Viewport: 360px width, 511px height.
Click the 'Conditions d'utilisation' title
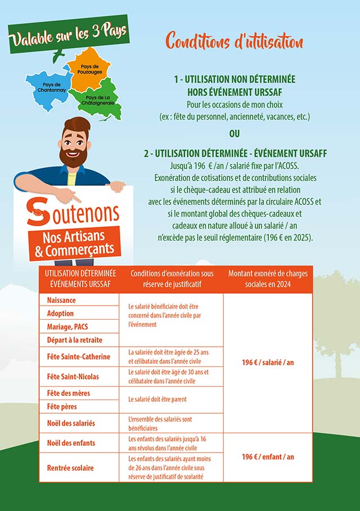234,41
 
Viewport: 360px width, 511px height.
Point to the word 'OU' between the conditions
234,134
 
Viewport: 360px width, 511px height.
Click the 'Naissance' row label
62,301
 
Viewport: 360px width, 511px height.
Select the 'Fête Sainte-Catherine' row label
79,357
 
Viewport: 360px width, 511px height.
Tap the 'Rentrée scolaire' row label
70,468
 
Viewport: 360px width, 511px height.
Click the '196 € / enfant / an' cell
268,457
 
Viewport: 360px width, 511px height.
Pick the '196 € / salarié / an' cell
268,362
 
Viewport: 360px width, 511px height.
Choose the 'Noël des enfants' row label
71,443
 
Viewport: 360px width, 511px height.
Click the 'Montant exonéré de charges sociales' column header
268,279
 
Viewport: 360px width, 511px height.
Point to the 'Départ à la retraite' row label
75,340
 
